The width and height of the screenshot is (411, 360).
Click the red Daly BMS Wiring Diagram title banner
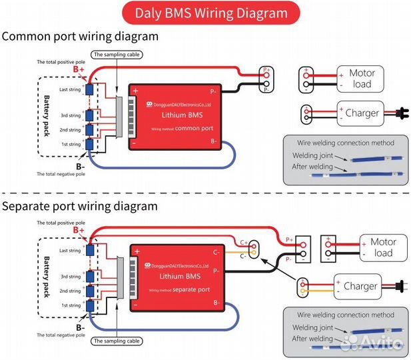coord(211,13)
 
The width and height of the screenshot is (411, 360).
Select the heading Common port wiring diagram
coord(80,36)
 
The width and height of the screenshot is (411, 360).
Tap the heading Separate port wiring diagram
coord(80,206)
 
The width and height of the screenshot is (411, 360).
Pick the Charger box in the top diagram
coord(362,113)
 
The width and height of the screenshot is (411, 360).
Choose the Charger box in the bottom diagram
coord(360,287)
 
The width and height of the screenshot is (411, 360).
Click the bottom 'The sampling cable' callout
coord(117,341)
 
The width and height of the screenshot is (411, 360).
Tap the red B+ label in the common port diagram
coord(79,69)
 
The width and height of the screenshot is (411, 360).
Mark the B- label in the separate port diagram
coord(79,327)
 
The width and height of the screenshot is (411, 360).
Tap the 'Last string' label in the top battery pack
coord(69,89)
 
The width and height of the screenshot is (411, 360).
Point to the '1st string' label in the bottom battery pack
coord(70,305)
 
